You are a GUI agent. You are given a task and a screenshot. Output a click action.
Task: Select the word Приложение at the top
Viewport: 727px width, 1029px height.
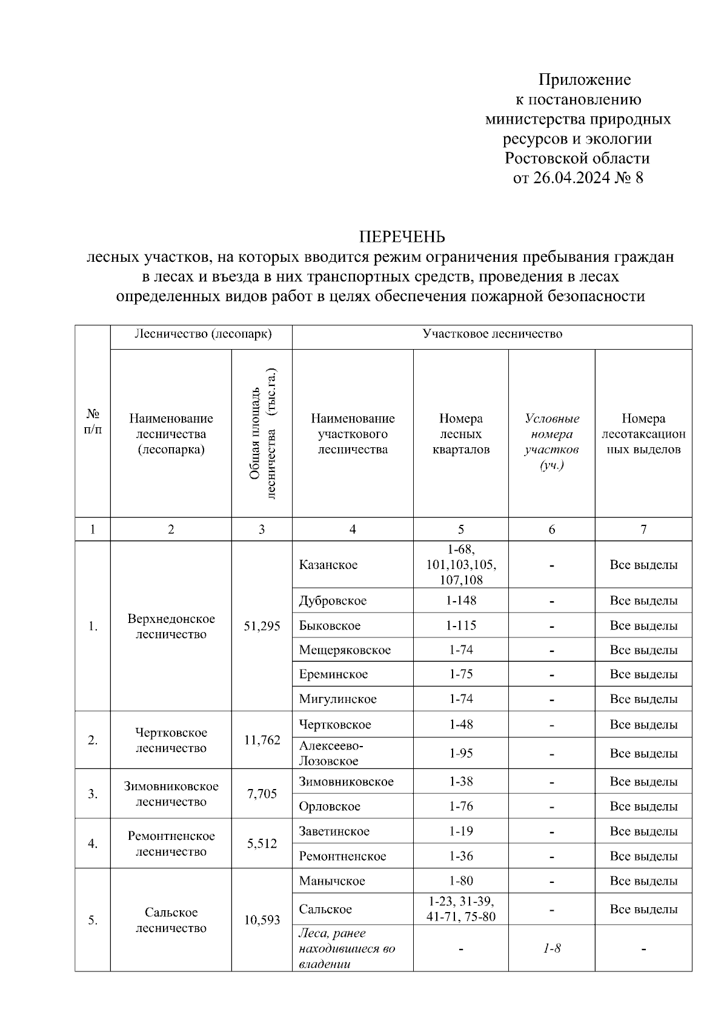[x=585, y=79]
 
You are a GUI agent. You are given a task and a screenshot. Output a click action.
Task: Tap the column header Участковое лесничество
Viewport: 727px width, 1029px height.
[x=492, y=334]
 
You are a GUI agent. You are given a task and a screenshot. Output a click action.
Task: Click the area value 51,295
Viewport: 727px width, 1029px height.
[x=262, y=626]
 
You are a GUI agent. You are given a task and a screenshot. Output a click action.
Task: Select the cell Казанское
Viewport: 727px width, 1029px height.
[x=328, y=565]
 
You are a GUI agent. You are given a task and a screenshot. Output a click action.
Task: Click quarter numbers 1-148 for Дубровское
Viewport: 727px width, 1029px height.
[x=461, y=601]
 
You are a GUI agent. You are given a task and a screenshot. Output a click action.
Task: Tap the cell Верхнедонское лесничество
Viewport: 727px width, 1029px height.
[x=171, y=626]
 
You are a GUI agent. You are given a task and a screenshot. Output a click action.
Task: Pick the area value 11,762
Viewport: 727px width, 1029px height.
[x=262, y=740]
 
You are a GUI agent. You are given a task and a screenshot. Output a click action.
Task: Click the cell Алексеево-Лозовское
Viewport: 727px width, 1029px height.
[x=331, y=753]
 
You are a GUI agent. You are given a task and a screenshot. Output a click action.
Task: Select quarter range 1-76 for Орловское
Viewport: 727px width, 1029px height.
[x=461, y=807]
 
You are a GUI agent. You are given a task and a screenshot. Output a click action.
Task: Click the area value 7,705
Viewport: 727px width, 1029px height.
[x=262, y=794]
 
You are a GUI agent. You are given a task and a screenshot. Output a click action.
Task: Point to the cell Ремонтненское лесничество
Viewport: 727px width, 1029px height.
[x=171, y=844]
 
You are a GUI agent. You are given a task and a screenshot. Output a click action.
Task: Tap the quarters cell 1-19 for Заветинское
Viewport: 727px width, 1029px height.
[x=461, y=831]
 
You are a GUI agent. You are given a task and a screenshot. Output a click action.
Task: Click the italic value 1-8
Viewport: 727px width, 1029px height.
[x=551, y=948]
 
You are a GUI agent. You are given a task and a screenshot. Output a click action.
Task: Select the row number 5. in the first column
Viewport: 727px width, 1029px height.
[x=93, y=921]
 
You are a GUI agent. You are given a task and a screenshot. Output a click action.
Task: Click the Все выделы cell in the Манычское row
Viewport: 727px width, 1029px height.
[x=643, y=881]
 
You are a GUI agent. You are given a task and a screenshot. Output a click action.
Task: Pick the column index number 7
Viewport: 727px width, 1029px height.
[x=643, y=529]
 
